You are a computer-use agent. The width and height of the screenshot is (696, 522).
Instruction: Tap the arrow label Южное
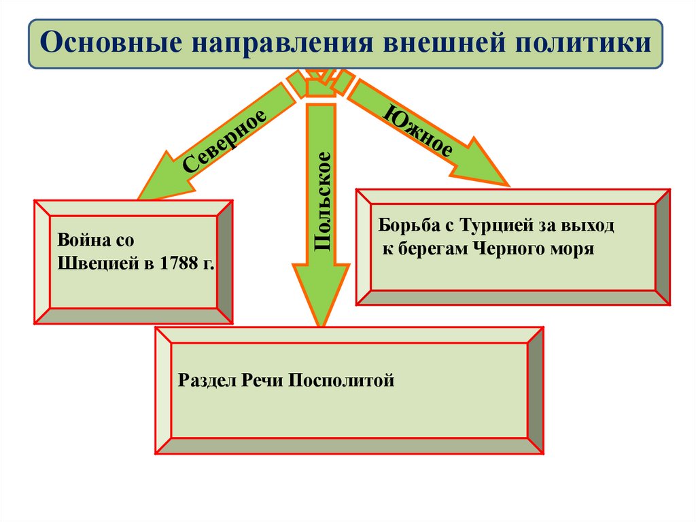point(419,131)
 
